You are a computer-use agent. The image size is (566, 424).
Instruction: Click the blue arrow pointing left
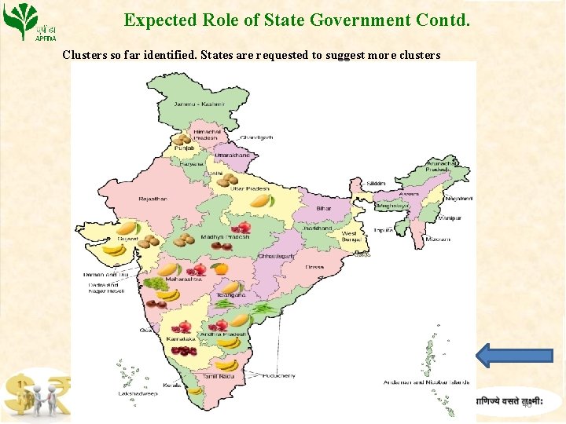tap(515, 355)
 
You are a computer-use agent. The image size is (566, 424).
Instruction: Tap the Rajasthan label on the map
tap(153, 199)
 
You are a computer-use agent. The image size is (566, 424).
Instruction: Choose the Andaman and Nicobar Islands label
tap(425, 382)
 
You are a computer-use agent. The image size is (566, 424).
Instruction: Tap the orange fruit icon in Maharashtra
tap(222, 269)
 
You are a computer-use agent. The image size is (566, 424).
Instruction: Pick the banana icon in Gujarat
tap(115, 250)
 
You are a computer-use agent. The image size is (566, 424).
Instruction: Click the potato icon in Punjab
tap(183, 140)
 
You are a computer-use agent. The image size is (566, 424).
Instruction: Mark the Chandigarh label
tap(256, 137)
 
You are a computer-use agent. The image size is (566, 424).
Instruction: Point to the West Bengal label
tap(349, 236)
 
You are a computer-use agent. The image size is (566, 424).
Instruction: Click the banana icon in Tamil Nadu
tap(227, 364)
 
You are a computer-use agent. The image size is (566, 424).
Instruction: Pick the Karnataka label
tap(181, 338)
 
